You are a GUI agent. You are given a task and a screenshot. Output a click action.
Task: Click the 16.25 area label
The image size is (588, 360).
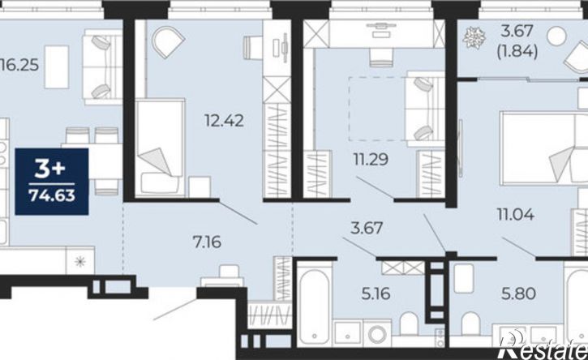[x=19, y=66]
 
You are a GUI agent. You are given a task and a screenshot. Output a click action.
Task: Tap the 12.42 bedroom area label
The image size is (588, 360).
[x=224, y=121]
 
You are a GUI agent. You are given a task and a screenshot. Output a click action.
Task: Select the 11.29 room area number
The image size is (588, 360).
[x=371, y=160]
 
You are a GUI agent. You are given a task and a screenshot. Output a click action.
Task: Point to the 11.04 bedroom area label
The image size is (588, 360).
[x=516, y=215]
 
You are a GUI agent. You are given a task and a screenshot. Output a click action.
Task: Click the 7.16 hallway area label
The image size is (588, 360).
[x=207, y=242]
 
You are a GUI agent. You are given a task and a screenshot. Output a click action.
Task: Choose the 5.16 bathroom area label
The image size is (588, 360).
[x=376, y=294]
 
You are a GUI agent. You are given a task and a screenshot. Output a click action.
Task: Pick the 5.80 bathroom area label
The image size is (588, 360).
[x=518, y=294]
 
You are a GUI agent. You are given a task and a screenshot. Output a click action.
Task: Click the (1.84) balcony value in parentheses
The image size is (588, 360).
[x=517, y=51]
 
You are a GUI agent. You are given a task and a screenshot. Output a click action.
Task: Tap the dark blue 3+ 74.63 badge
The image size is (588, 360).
[x=52, y=182]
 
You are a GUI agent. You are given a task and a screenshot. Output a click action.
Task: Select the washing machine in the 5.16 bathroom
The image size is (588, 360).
[x=377, y=333]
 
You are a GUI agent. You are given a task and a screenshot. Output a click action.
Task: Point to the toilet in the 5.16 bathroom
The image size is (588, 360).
[x=409, y=324]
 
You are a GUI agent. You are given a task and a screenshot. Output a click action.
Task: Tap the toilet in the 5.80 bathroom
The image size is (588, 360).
[x=471, y=324]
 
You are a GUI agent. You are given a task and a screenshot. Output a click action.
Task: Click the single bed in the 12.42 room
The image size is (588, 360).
[x=160, y=148]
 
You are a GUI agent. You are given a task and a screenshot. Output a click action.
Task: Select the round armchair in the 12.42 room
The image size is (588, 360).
[x=168, y=42]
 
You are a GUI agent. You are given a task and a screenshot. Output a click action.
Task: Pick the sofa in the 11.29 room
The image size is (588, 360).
[x=425, y=109]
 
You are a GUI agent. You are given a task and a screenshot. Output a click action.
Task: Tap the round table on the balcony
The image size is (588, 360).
[x=556, y=36]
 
